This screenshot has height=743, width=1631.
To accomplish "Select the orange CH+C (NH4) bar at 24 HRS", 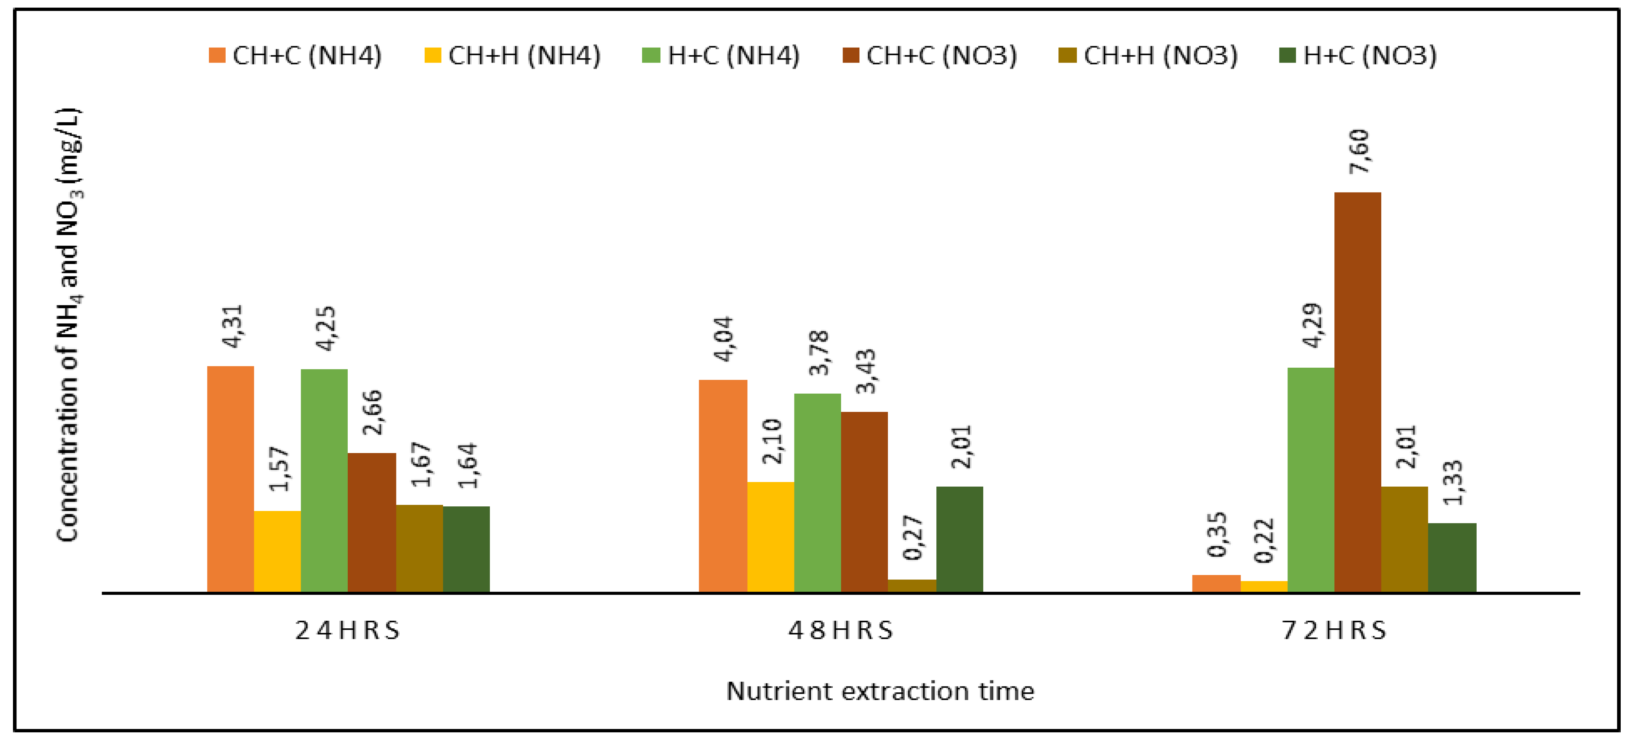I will [230, 479].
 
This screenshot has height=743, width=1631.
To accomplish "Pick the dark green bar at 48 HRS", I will [959, 539].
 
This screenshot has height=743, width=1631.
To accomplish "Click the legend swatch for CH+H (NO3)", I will [1067, 56].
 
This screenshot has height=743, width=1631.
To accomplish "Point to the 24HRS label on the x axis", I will [348, 630].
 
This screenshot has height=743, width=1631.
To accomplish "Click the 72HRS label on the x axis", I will [1334, 630].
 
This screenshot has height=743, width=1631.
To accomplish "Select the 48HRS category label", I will [840, 630].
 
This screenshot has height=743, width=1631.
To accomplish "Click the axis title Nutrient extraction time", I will [880, 691].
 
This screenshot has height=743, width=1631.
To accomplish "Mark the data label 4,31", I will [232, 327].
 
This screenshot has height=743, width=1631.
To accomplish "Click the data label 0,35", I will [1217, 535].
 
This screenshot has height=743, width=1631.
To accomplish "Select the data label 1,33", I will [1454, 482].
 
